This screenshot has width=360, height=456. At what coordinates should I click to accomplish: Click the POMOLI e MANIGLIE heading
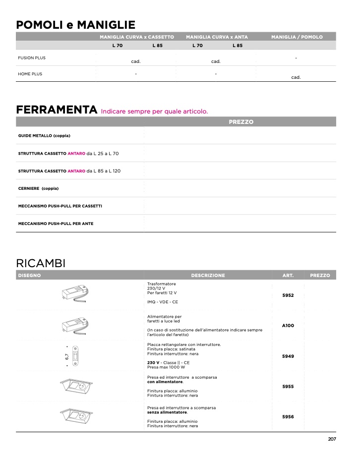click(75, 25)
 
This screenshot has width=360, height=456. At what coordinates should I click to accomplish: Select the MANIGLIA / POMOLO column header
click(297, 37)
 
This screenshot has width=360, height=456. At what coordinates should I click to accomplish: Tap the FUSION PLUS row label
click(32, 58)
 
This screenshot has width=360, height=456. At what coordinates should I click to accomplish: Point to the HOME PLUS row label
click(30, 74)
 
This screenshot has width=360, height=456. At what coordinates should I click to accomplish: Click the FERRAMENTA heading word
click(56, 110)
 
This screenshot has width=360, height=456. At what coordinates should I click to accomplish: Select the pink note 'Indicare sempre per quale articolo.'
click(154, 111)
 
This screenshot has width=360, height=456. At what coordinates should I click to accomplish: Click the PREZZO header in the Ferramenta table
click(241, 121)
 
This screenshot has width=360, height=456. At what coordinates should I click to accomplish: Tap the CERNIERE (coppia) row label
click(38, 188)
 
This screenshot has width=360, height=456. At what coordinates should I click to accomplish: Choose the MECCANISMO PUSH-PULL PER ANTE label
click(56, 224)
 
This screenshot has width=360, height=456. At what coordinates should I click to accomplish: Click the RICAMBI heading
click(41, 263)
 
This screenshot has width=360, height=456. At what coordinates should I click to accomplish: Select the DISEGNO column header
click(29, 275)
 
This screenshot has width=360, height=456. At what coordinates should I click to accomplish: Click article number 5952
click(288, 295)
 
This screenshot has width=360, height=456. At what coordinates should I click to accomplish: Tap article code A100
click(288, 326)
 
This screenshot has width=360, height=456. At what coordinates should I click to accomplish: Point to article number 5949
click(288, 356)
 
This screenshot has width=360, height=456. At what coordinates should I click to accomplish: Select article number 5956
click(288, 416)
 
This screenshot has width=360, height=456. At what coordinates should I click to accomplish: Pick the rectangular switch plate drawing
click(76, 355)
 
